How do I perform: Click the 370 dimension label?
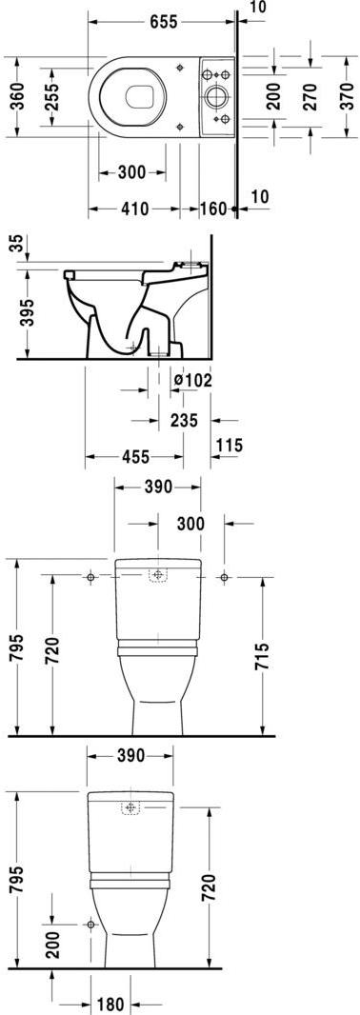(349, 96)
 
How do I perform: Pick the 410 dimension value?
(133, 209)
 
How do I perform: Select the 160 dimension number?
(213, 209)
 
